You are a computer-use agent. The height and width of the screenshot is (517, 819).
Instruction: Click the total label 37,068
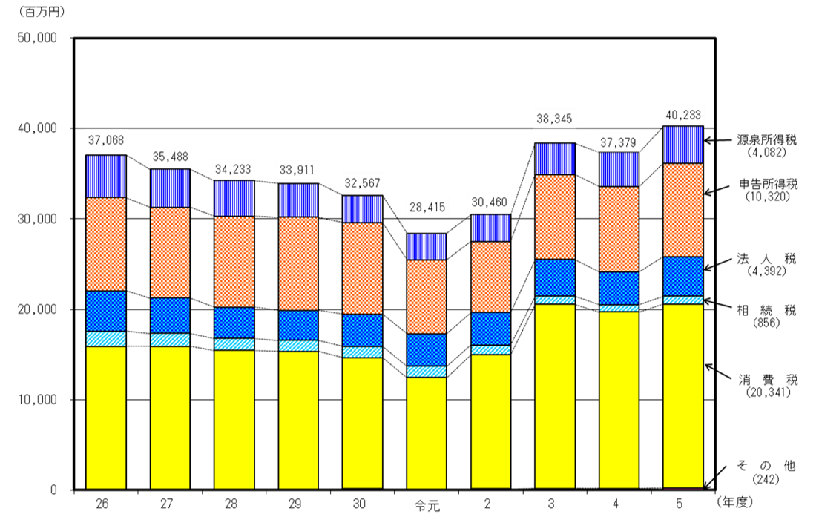(x=107, y=140)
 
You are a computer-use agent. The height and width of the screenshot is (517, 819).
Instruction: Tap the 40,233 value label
(x=682, y=115)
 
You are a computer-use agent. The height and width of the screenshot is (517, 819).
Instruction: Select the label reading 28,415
(x=427, y=208)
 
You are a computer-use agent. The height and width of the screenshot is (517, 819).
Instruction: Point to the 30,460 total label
(x=490, y=202)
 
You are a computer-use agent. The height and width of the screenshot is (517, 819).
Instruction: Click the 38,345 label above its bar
(x=554, y=118)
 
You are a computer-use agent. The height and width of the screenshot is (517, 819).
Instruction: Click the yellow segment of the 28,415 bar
(x=427, y=432)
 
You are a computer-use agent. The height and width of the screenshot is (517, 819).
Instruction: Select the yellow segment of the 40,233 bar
(x=682, y=395)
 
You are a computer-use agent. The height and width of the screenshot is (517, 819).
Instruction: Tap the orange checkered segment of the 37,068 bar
(x=106, y=243)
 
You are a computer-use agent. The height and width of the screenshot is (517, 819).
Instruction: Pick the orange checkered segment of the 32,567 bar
(x=362, y=268)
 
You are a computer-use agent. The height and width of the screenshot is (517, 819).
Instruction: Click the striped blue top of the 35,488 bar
(x=170, y=188)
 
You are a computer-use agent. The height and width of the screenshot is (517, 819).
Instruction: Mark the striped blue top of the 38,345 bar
(x=555, y=159)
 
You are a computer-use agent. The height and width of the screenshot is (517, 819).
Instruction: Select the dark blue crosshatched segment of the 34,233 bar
(x=234, y=323)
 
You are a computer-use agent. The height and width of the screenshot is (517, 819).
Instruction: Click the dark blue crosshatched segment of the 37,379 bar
(x=619, y=288)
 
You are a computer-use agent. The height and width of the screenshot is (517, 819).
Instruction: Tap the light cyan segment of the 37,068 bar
(x=106, y=338)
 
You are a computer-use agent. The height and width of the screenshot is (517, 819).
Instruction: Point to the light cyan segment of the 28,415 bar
(x=427, y=372)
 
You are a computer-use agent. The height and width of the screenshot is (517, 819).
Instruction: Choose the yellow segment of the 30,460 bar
(x=490, y=421)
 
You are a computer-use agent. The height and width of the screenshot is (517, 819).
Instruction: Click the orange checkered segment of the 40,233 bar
(x=682, y=210)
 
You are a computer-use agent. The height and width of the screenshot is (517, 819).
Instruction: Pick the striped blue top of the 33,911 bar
(x=298, y=200)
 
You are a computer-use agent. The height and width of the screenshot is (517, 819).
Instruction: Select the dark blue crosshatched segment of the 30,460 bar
(x=490, y=329)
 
